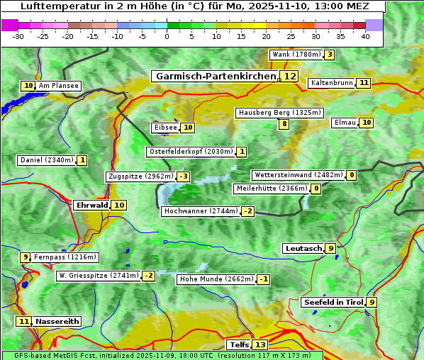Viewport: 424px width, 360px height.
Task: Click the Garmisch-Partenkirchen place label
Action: click(215, 76)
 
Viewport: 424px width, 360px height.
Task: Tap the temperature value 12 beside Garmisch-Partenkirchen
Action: click(289, 76)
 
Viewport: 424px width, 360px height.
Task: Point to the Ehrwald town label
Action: click(91, 205)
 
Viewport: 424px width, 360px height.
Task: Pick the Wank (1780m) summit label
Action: click(296, 55)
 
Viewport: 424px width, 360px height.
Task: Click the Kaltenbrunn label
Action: click(331, 83)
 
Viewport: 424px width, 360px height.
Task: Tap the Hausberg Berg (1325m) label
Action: click(279, 113)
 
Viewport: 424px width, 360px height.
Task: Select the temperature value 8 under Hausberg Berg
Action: click(284, 124)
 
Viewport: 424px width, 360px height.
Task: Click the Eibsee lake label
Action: click(164, 128)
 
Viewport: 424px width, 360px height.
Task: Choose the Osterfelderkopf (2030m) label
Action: click(190, 152)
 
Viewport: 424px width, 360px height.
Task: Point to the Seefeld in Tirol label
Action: click(333, 302)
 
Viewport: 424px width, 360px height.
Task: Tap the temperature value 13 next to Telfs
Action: click(260, 344)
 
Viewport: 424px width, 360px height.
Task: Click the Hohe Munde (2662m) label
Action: click(216, 279)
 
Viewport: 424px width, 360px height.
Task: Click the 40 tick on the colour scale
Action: click(365, 35)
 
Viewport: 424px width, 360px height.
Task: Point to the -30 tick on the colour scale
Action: click(18, 35)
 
